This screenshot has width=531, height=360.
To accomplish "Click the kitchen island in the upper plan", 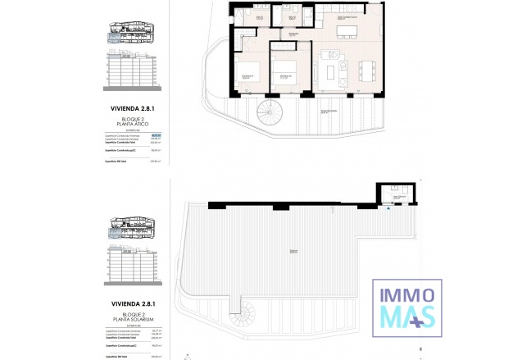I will tap(345, 32).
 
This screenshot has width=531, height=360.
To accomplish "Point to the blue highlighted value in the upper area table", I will tap(157, 135).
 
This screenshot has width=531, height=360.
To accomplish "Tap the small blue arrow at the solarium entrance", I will tap(388, 208).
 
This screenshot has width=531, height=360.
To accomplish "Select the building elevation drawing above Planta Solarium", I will tap(131, 268).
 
